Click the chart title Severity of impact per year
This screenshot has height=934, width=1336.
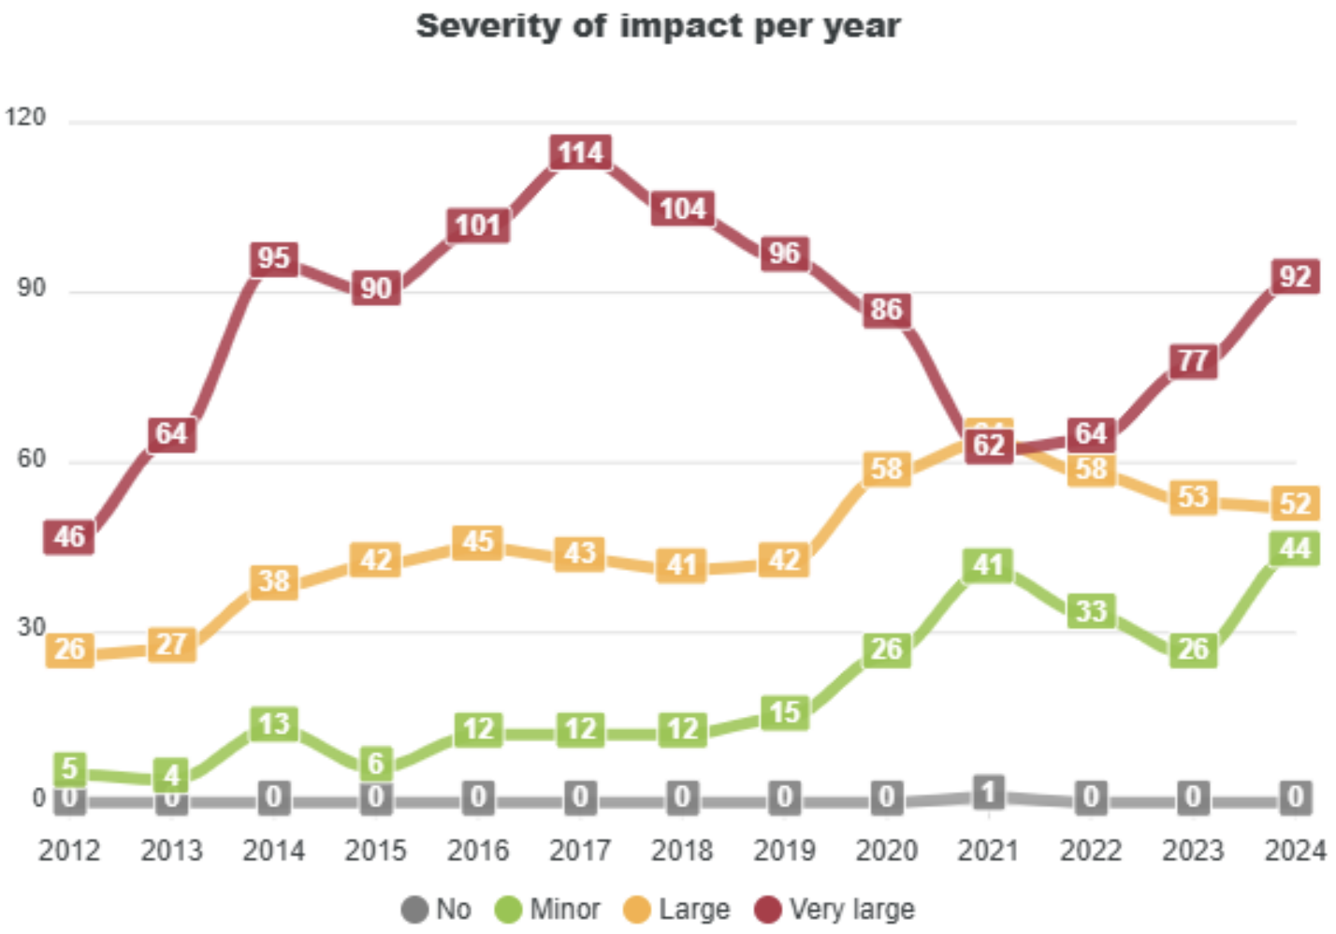tap(658, 26)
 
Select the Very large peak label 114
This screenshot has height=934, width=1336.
tap(580, 153)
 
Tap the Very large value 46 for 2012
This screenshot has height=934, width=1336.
tap(69, 536)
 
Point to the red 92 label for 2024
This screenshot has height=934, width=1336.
tap(1295, 277)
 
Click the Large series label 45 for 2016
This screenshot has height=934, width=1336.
tap(478, 542)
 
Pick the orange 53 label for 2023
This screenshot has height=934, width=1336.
tap(1193, 496)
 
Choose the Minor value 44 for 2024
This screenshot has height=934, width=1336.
tap(1295, 547)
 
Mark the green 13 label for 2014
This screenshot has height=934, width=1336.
tap(274, 723)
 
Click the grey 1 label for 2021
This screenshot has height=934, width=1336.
tap(988, 793)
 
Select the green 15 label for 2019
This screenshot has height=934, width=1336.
tap(784, 713)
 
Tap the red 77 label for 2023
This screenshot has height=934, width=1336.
tap(1193, 360)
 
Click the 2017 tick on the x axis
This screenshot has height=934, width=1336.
tap(580, 851)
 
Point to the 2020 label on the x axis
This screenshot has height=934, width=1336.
tap(886, 851)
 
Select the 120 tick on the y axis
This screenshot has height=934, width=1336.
tap(25, 117)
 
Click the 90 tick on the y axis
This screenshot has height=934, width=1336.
tap(31, 288)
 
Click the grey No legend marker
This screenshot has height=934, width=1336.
tap(414, 910)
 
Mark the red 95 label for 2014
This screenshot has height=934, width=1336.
tap(274, 258)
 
